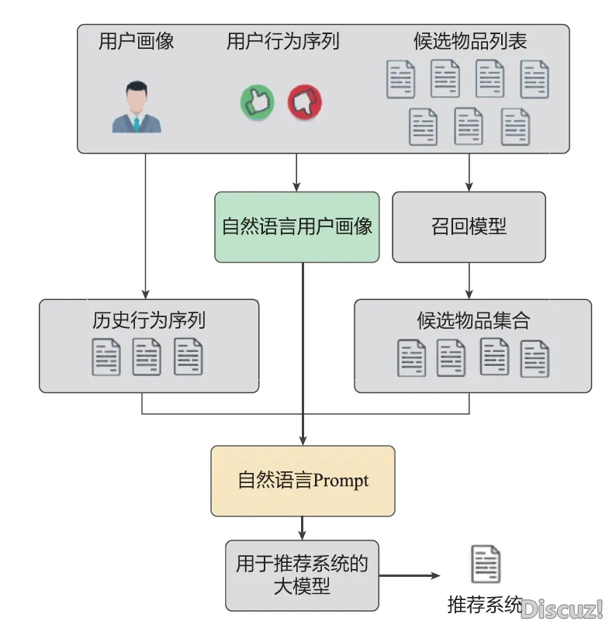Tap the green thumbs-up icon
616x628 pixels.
(258, 102)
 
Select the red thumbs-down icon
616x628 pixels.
(305, 102)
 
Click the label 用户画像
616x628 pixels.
(137, 41)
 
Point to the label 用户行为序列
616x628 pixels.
(283, 41)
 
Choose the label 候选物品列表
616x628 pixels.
(470, 41)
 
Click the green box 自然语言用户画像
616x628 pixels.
(297, 226)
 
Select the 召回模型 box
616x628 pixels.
(469, 226)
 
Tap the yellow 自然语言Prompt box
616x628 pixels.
(303, 480)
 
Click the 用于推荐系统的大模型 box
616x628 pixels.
(303, 575)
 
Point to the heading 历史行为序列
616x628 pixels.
(149, 320)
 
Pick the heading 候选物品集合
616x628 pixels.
(473, 320)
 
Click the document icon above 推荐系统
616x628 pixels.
(486, 564)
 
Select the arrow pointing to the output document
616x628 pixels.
(410, 575)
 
